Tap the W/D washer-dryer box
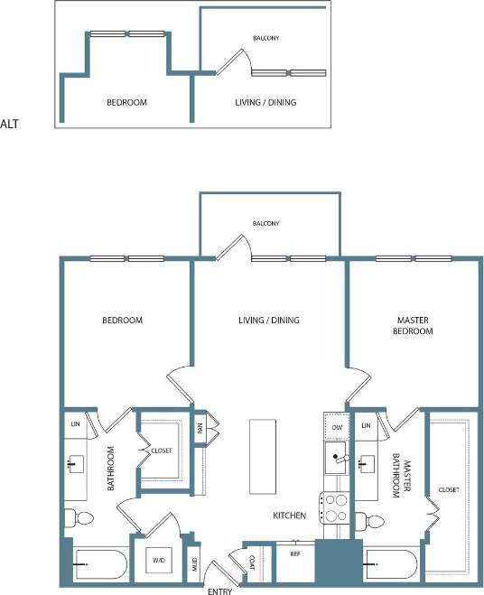159,561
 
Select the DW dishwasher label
337,427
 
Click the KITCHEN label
290,516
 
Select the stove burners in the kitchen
336,508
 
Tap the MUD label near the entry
192,567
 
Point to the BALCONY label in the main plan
265,223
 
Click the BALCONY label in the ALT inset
265,38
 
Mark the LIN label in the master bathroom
366,424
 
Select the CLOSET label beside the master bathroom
449,489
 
